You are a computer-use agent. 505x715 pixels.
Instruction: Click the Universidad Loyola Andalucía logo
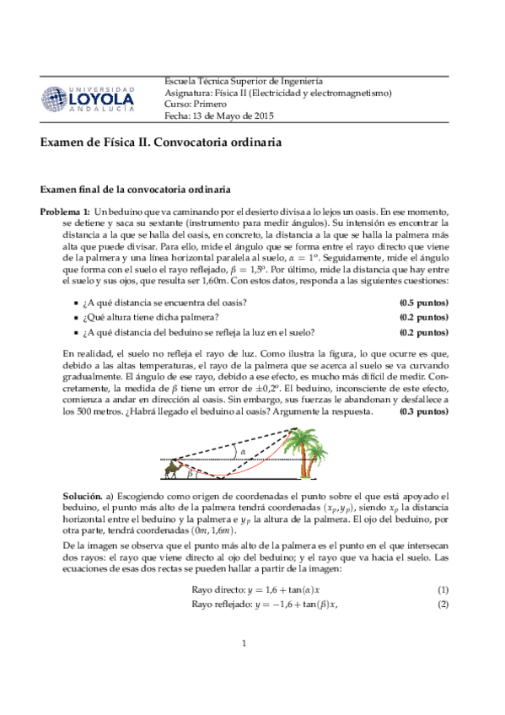pos(88,98)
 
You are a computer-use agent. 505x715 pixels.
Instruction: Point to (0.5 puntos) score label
pos(423,303)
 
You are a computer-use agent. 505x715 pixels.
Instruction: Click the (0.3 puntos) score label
pos(423,412)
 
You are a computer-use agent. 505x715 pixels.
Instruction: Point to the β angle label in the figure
pos(191,472)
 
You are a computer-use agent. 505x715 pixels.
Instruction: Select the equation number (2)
pos(443,605)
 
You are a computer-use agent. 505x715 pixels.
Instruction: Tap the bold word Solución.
pos(85,497)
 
